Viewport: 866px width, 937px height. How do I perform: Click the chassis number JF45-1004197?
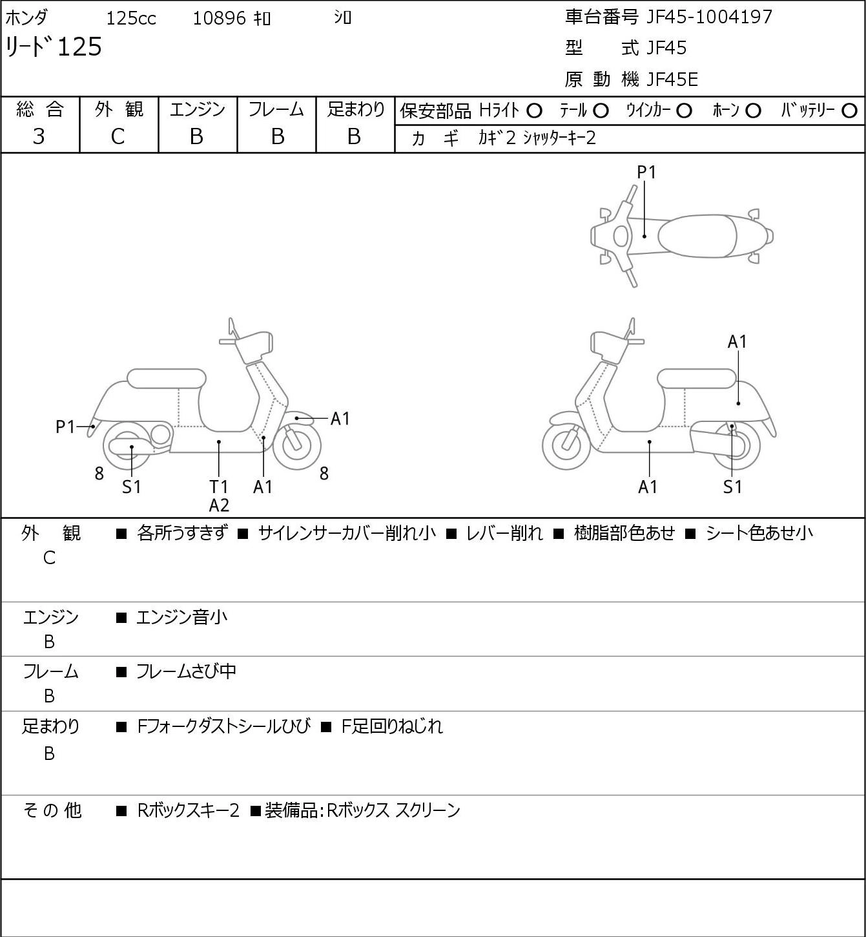[x=709, y=17]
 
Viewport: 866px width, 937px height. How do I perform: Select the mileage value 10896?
[x=220, y=18]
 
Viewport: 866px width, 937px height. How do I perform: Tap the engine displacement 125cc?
[x=131, y=18]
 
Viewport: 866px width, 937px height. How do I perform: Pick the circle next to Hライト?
[x=534, y=111]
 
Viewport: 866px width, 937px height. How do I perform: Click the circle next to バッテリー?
[x=849, y=111]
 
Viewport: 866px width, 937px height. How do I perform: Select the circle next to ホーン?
[x=753, y=111]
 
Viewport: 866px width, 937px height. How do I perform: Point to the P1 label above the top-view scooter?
[x=646, y=172]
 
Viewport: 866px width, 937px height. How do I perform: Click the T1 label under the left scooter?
[x=219, y=487]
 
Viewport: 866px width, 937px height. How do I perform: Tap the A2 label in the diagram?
[x=219, y=505]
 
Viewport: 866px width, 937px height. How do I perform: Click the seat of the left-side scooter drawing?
[x=167, y=379]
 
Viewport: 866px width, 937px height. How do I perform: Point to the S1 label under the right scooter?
[x=732, y=487]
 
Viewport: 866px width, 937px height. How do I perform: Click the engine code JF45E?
[x=672, y=79]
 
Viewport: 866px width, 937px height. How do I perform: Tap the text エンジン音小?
[x=181, y=617]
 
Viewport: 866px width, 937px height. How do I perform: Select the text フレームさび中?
[x=186, y=671]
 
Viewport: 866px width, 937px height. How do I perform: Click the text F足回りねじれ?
[x=392, y=726]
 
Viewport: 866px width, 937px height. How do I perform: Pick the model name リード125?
[x=54, y=47]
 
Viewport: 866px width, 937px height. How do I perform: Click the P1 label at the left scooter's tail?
[x=65, y=427]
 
